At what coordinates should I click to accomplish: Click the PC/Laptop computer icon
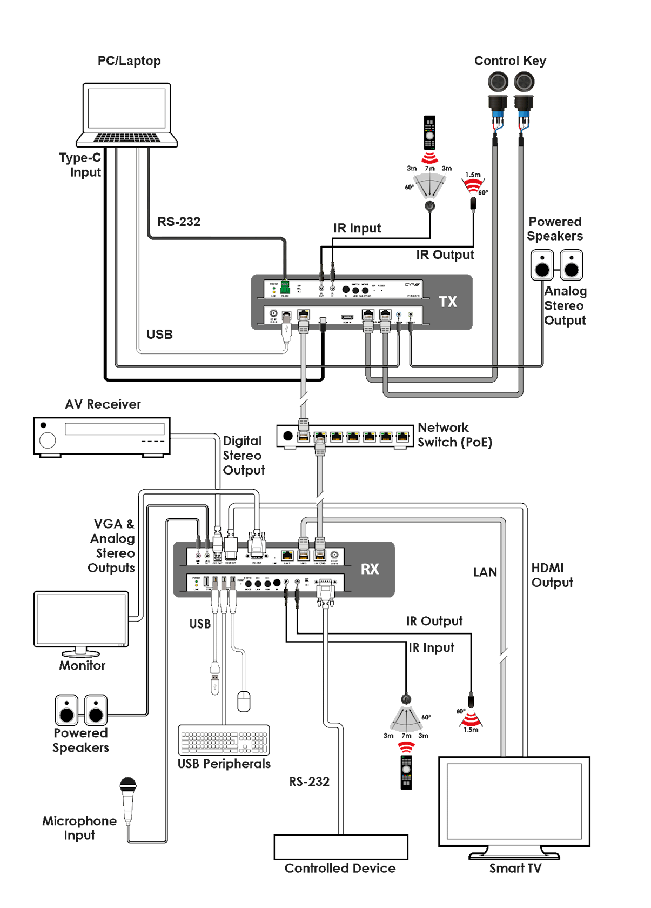click(x=127, y=115)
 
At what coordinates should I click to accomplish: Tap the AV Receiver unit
click(x=102, y=436)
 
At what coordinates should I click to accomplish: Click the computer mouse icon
click(x=244, y=701)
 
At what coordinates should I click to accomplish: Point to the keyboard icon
click(x=224, y=740)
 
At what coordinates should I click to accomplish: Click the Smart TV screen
click(x=514, y=801)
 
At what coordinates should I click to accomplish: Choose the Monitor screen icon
click(x=81, y=619)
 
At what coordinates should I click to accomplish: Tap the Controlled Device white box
click(x=340, y=847)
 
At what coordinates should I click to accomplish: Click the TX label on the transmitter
click(x=448, y=302)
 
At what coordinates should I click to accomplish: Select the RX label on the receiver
click(x=370, y=569)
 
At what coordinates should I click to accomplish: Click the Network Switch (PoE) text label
click(x=454, y=435)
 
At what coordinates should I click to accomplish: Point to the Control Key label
click(x=510, y=61)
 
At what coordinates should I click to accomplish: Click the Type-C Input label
click(x=80, y=165)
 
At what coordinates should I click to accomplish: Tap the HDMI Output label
click(x=552, y=575)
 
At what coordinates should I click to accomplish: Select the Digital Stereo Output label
click(x=243, y=456)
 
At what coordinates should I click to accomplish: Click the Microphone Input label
click(x=79, y=828)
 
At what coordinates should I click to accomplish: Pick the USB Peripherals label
click(x=224, y=764)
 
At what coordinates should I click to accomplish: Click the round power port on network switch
click(x=288, y=436)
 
